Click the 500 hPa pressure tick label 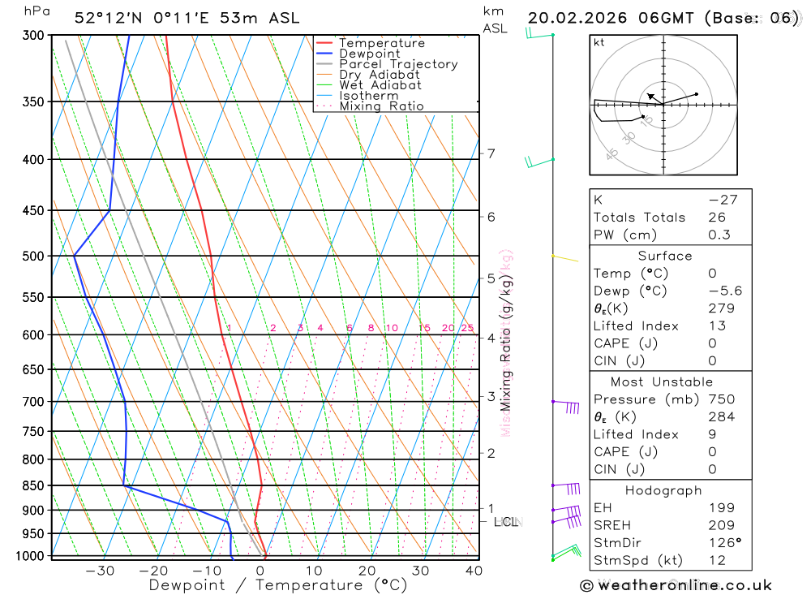pos(32,256)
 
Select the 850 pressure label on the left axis pos(32,485)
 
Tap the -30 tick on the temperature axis pos(100,571)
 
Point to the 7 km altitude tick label pos(491,153)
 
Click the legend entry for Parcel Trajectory pos(397,64)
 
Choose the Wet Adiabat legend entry pos(380,85)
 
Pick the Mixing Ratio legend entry pos(381,106)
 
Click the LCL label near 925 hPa pos(505,521)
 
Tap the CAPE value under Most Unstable pos(712,452)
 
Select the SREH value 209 pos(720,525)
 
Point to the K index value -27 pos(717,200)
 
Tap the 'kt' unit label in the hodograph pos(599,42)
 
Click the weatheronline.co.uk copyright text pos(676,585)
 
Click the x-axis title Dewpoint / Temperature pos(278,584)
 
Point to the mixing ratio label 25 pos(467,328)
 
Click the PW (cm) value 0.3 pos(719,235)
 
